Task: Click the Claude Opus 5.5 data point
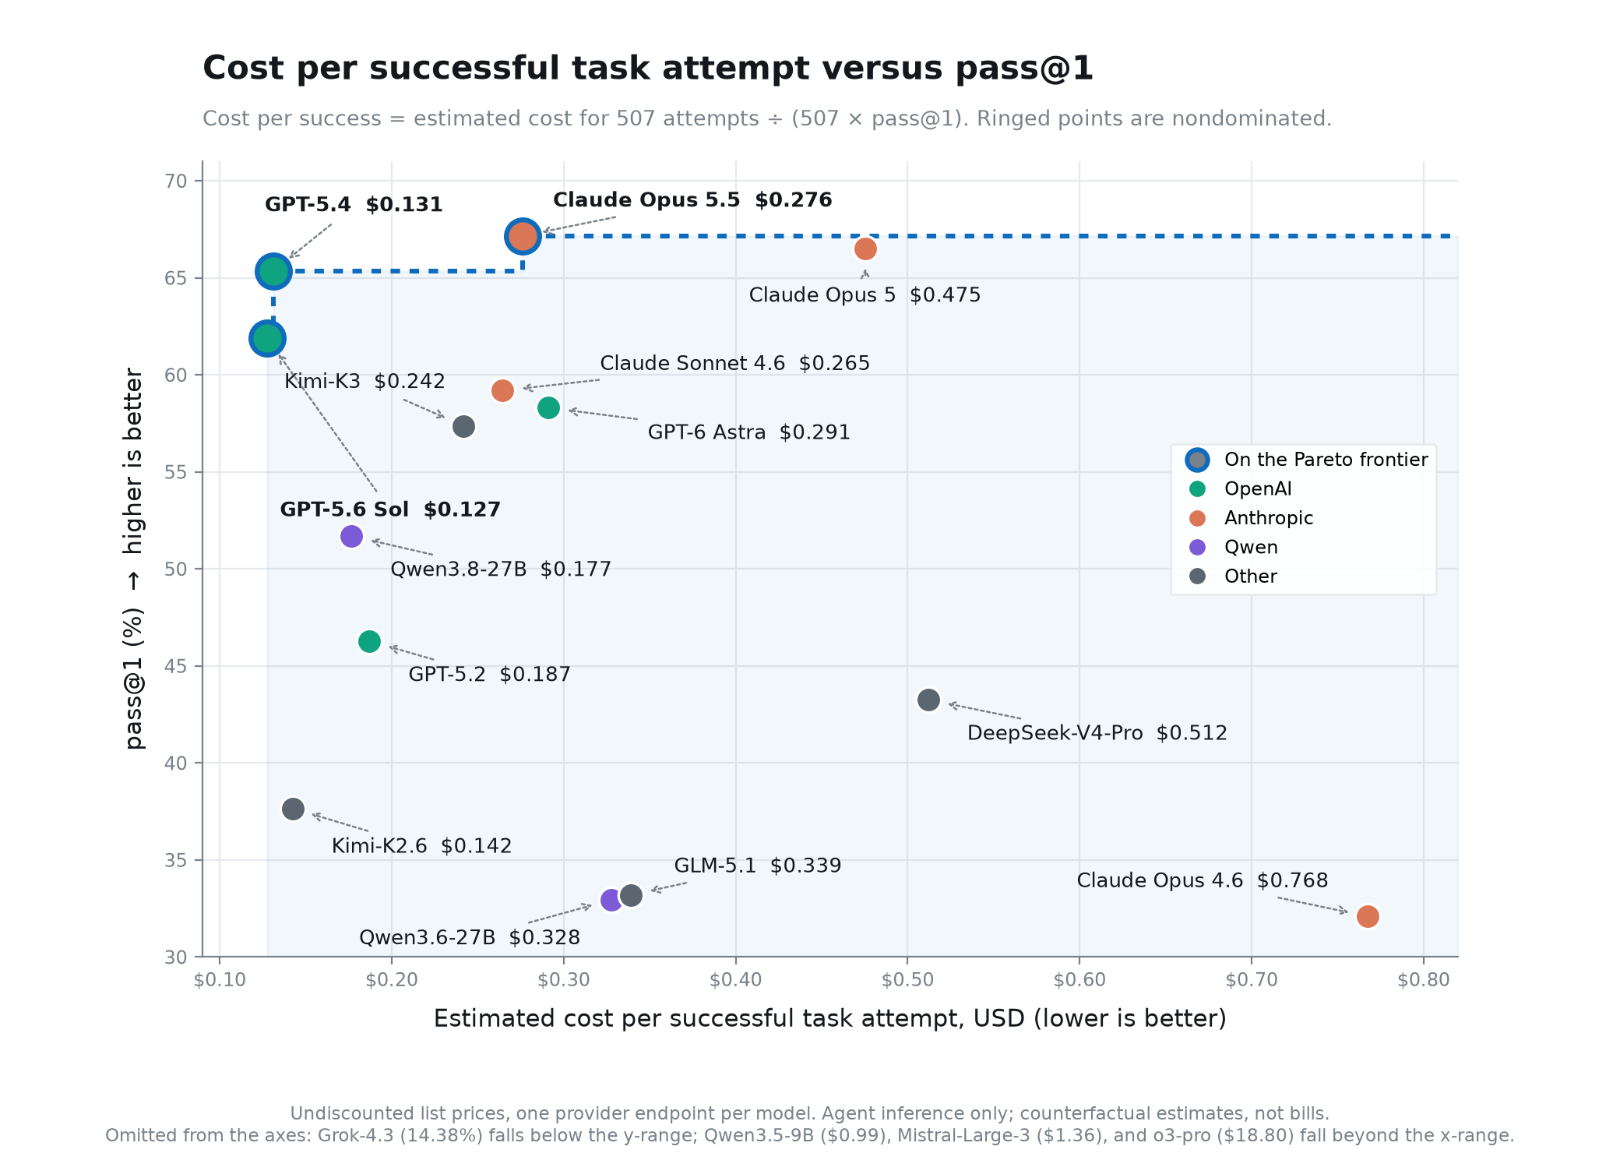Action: click(523, 235)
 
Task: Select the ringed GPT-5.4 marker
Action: click(273, 271)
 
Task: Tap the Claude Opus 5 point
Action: click(865, 249)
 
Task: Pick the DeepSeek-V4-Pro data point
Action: click(928, 700)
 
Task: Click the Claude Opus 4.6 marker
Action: click(1368, 916)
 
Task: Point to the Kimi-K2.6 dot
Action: click(293, 809)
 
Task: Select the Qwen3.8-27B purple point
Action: click(351, 536)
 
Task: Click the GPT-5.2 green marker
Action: click(369, 641)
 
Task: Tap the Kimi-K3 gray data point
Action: click(463, 426)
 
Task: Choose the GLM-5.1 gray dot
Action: click(631, 895)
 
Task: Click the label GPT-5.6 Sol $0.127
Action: click(390, 510)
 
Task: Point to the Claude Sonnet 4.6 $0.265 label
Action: click(734, 363)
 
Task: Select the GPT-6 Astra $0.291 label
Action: click(748, 432)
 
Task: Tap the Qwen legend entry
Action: click(1234, 547)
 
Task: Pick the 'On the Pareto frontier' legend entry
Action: click(1307, 460)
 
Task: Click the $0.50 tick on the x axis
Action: click(907, 979)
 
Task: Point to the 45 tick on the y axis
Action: click(176, 666)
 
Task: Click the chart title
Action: click(648, 68)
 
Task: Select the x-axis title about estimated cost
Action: click(829, 1018)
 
